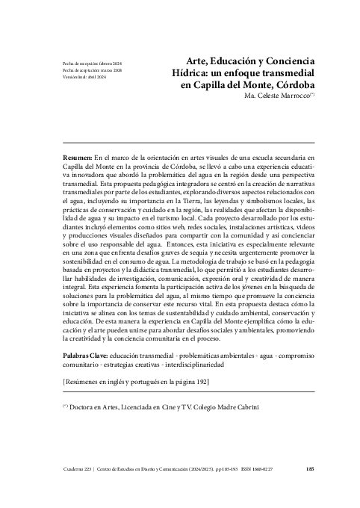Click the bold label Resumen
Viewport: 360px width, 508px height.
(77, 159)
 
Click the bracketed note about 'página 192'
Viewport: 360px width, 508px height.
(135, 382)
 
